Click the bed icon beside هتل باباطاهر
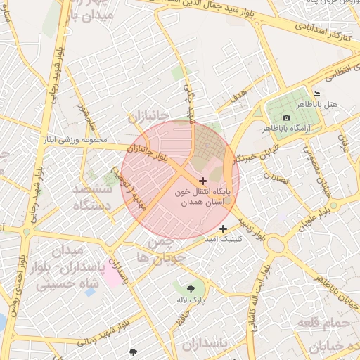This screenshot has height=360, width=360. [316, 94]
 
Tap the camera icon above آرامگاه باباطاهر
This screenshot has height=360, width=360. [286, 117]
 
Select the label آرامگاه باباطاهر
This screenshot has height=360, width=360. [285, 129]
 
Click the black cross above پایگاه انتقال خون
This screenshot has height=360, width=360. [203, 181]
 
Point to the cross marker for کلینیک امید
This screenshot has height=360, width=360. [224, 229]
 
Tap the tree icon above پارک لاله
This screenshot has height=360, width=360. [191, 288]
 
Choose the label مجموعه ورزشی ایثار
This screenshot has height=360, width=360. [75, 140]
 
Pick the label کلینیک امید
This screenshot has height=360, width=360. [221, 240]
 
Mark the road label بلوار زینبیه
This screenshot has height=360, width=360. [250, 230]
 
